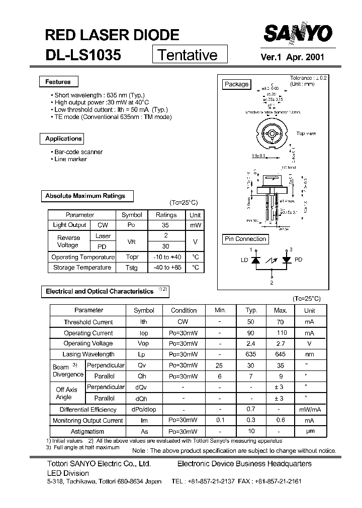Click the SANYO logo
coord(298,35)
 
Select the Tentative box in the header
coord(190,54)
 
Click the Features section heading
coord(58,82)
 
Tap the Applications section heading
coord(63,139)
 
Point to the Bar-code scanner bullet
coord(78,152)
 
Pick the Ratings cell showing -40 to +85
coord(166,268)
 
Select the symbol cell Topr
coord(132,257)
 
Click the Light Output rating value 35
coord(166,225)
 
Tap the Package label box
coord(236,84)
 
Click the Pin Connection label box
coord(245,239)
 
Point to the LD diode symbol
coord(255,260)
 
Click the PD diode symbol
coord(287,260)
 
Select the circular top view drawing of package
coord(271,135)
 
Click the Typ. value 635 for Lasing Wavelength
coord(250,354)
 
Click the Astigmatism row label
coord(88,431)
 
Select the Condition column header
coord(184,310)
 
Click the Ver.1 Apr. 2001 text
coord(292,57)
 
